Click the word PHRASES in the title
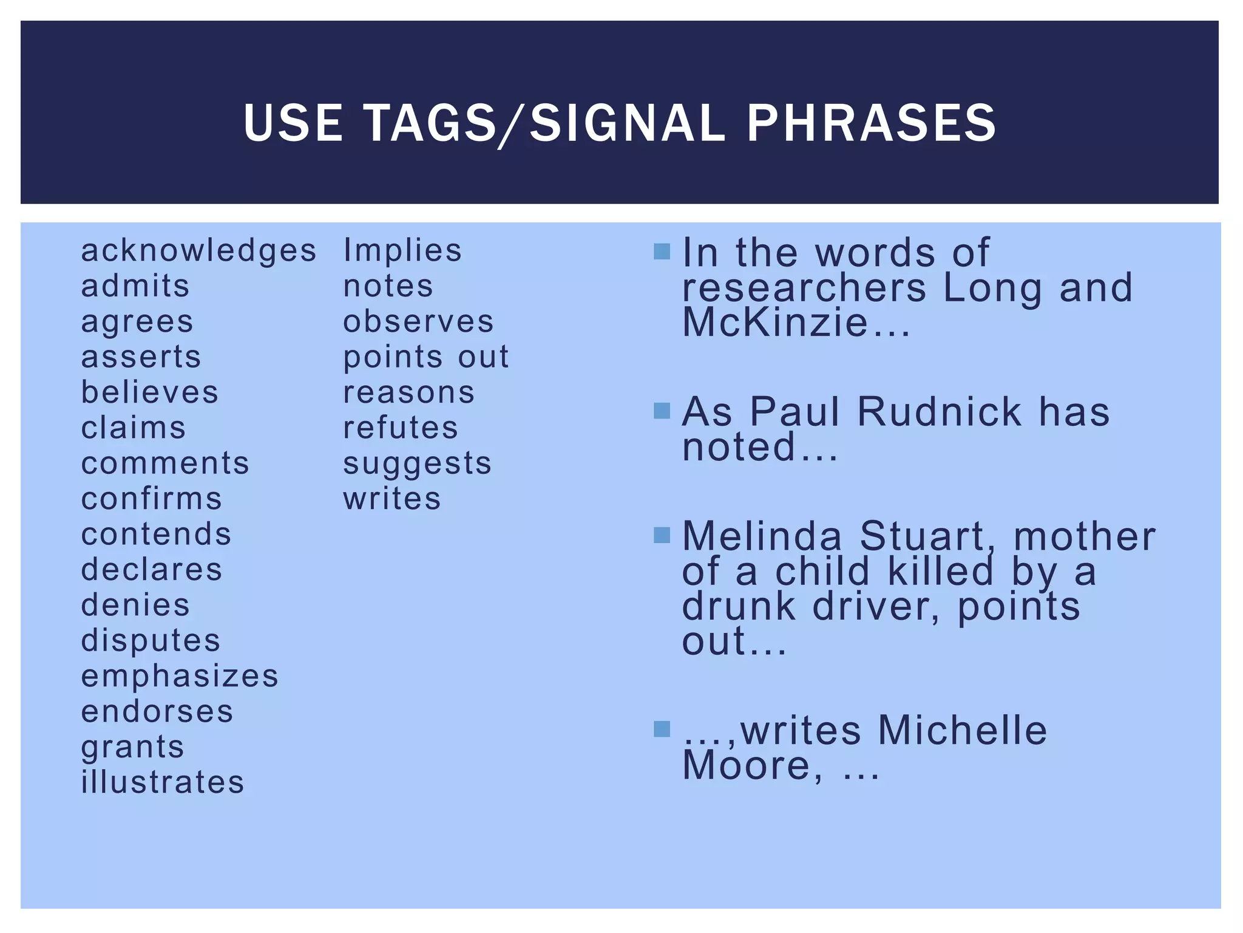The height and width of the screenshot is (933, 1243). click(871, 123)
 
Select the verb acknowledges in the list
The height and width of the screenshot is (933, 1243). click(198, 251)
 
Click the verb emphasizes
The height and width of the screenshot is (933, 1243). click(180, 676)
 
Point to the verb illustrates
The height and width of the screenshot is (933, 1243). click(163, 782)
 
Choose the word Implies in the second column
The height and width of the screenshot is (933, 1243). click(402, 250)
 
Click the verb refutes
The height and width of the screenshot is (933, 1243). click(401, 428)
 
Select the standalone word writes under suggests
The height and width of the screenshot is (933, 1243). click(392, 499)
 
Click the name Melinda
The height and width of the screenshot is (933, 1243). click(762, 536)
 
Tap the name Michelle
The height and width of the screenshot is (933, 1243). click(963, 730)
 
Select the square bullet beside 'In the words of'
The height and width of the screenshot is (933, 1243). click(662, 251)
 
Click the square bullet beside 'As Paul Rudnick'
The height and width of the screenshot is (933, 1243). click(662, 411)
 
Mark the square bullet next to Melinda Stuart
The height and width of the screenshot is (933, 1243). click(662, 535)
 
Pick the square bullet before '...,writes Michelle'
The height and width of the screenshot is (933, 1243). click(662, 728)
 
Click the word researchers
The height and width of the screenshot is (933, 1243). click(804, 287)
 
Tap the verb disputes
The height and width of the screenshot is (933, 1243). click(151, 641)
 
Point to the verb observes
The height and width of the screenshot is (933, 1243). click(418, 322)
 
